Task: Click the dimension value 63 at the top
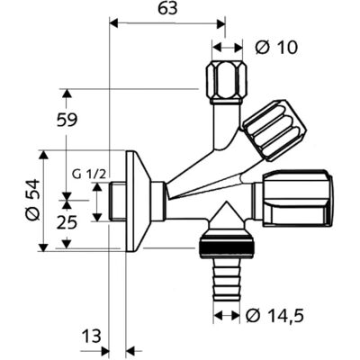[x=167, y=9]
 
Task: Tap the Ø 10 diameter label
[x=276, y=48]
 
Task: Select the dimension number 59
[x=67, y=121]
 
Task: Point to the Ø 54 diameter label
[x=32, y=200]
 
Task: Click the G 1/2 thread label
[x=89, y=175]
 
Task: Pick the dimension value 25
[x=67, y=223]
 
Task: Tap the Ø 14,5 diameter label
[x=274, y=315]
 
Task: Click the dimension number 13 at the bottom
[x=91, y=336]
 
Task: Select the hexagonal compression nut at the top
[x=227, y=79]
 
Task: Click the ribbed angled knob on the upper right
[x=275, y=130]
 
